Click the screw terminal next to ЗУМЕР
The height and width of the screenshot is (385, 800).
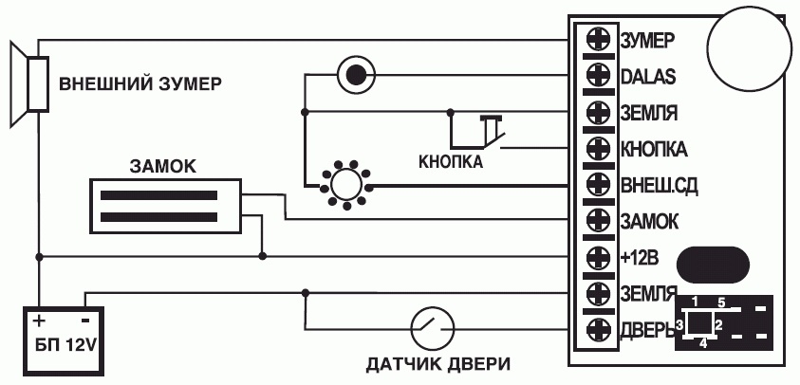(x=598, y=40)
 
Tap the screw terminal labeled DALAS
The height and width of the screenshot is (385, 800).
(x=598, y=76)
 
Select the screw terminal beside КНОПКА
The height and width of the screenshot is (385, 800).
(x=598, y=149)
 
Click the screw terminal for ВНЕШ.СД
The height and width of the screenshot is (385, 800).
(x=598, y=185)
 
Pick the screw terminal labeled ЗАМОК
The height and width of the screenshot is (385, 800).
(x=598, y=221)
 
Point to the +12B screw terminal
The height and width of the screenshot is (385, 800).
(x=598, y=257)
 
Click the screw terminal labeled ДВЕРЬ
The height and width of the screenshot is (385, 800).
(x=598, y=330)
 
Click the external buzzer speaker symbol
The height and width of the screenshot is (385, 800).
(x=28, y=82)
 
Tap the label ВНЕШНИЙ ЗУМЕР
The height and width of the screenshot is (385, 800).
(x=140, y=83)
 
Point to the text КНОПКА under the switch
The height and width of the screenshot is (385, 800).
(x=451, y=162)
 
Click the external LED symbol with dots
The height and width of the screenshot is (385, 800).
(x=346, y=183)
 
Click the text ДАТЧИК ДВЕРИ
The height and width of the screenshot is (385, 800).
(x=438, y=363)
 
